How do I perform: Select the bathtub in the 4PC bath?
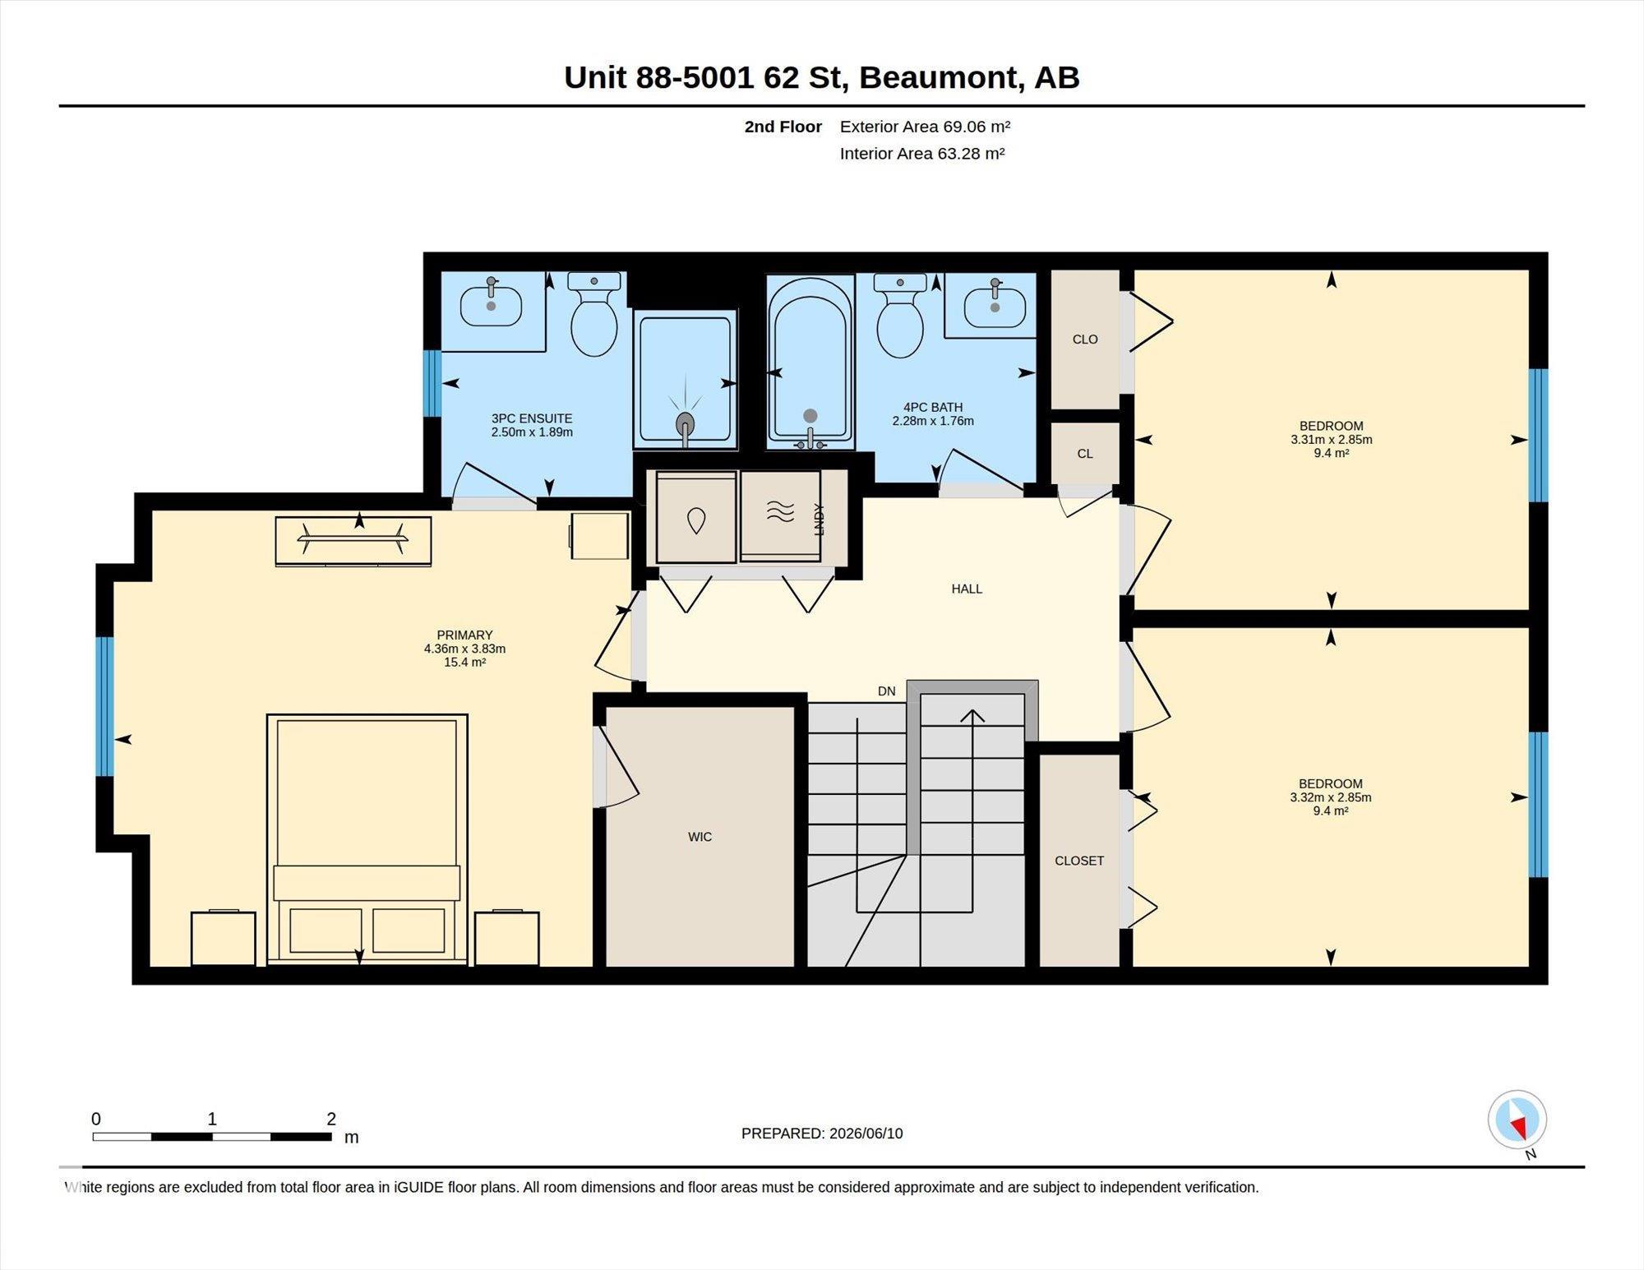pos(810,363)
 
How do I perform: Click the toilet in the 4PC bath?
pos(900,316)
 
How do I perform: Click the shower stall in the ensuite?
pos(686,380)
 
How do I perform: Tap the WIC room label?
pos(700,837)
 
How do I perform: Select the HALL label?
pos(967,589)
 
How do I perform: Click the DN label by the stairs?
pos(886,691)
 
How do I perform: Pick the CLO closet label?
pos(1085,339)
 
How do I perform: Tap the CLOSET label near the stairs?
pos(1079,861)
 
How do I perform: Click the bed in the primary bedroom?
pos(367,839)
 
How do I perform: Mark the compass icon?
pos(1517,1120)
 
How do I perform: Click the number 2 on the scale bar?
pos(331,1119)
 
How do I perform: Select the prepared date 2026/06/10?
pos(866,1133)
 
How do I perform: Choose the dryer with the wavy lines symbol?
pos(781,516)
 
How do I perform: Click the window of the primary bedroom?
pos(104,707)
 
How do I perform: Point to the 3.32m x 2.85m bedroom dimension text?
pos(1331,797)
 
